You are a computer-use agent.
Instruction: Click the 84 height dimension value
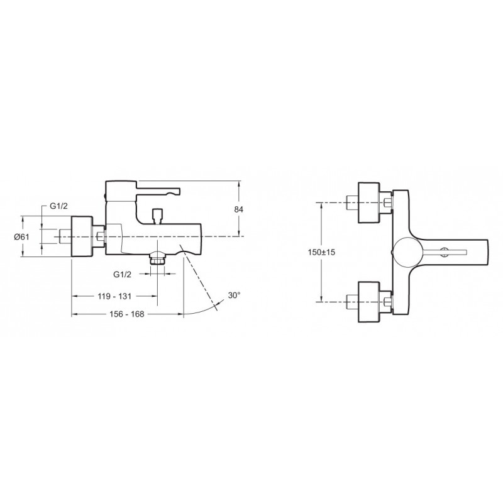coord(239,209)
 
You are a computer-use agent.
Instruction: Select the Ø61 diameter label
coord(21,237)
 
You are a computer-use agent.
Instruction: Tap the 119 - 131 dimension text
coord(114,296)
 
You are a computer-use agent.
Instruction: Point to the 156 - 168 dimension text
coord(127,314)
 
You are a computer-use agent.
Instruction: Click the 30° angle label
coord(234,295)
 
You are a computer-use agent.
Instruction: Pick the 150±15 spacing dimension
coord(321,252)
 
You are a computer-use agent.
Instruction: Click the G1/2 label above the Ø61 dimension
coord(58,206)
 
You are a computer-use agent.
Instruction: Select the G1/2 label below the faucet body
coord(122,275)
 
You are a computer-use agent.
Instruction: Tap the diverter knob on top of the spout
coord(157,216)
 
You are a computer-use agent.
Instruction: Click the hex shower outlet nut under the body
coord(157,258)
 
